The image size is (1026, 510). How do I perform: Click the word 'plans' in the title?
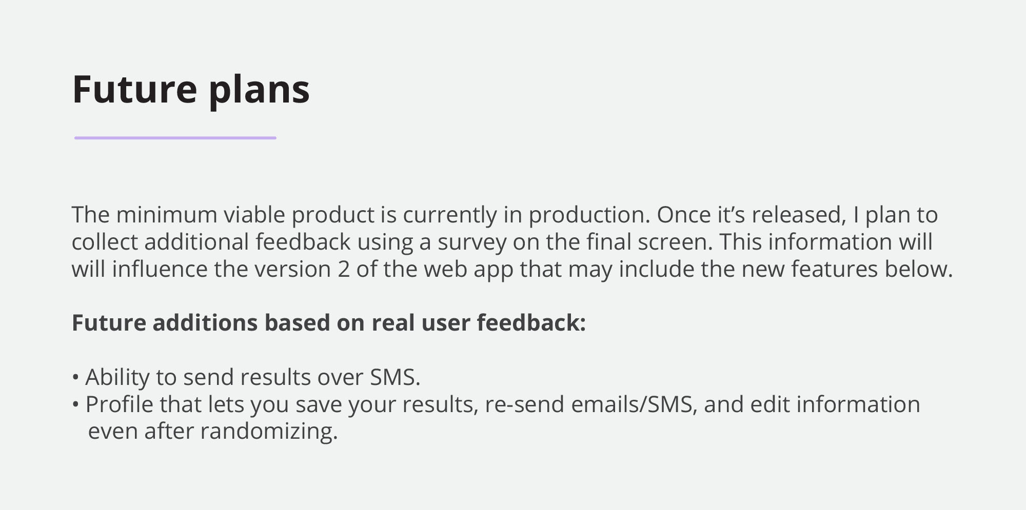click(259, 91)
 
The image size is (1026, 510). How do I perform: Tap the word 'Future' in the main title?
click(135, 89)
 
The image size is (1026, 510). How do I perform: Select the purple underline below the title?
click(175, 138)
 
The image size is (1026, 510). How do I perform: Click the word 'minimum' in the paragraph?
click(167, 215)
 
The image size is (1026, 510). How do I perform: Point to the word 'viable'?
click(254, 215)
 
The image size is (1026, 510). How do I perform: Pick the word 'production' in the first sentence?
click(589, 216)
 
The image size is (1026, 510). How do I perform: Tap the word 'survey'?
click(472, 243)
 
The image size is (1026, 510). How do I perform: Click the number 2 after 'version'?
click(344, 270)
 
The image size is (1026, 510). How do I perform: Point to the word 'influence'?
click(160, 269)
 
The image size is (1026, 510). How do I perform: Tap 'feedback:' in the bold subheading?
click(531, 323)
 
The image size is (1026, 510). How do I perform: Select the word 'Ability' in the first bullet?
click(117, 378)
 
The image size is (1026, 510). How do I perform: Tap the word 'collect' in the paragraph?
click(105, 242)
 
